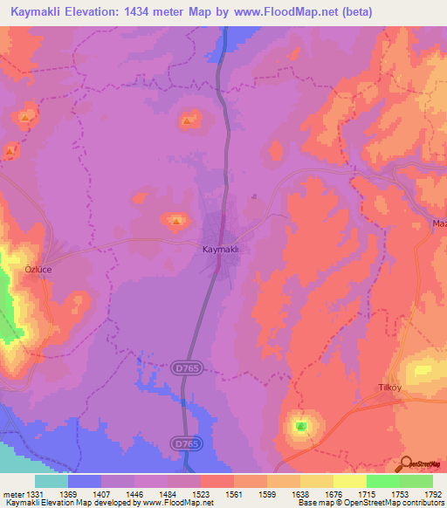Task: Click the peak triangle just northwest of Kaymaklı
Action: coord(176,220)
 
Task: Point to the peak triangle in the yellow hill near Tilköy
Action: coord(300,427)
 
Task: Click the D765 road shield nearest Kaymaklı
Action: coord(181,369)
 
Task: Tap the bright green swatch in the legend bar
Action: coord(382,481)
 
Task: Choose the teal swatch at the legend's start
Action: coord(52,481)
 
